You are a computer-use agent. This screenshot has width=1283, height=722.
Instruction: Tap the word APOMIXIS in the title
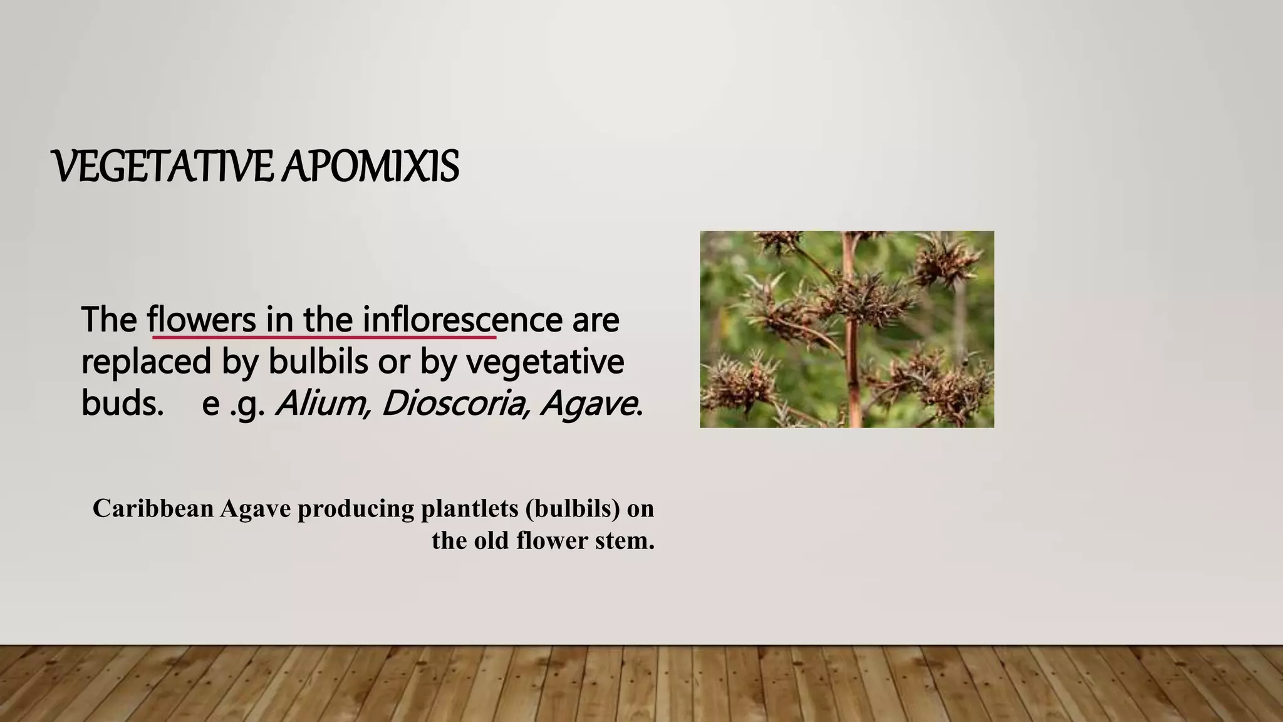(x=370, y=167)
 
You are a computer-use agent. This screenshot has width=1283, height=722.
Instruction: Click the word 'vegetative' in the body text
(x=545, y=362)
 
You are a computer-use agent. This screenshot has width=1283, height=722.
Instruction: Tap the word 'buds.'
(x=122, y=403)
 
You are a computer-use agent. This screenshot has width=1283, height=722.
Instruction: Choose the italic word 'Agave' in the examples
(x=589, y=403)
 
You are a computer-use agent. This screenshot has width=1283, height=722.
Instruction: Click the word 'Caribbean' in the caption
(x=153, y=508)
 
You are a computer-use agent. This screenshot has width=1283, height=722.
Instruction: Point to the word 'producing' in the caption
(x=355, y=508)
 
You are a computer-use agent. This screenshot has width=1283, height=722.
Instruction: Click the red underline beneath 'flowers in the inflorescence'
(x=324, y=337)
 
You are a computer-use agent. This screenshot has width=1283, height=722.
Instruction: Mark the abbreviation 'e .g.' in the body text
(x=234, y=403)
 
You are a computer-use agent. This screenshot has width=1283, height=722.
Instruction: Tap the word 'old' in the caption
(x=492, y=540)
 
